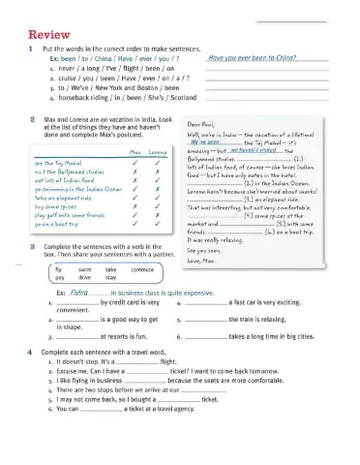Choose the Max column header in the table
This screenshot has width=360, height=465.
[x=136, y=152]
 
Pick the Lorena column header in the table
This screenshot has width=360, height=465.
[x=160, y=152]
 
